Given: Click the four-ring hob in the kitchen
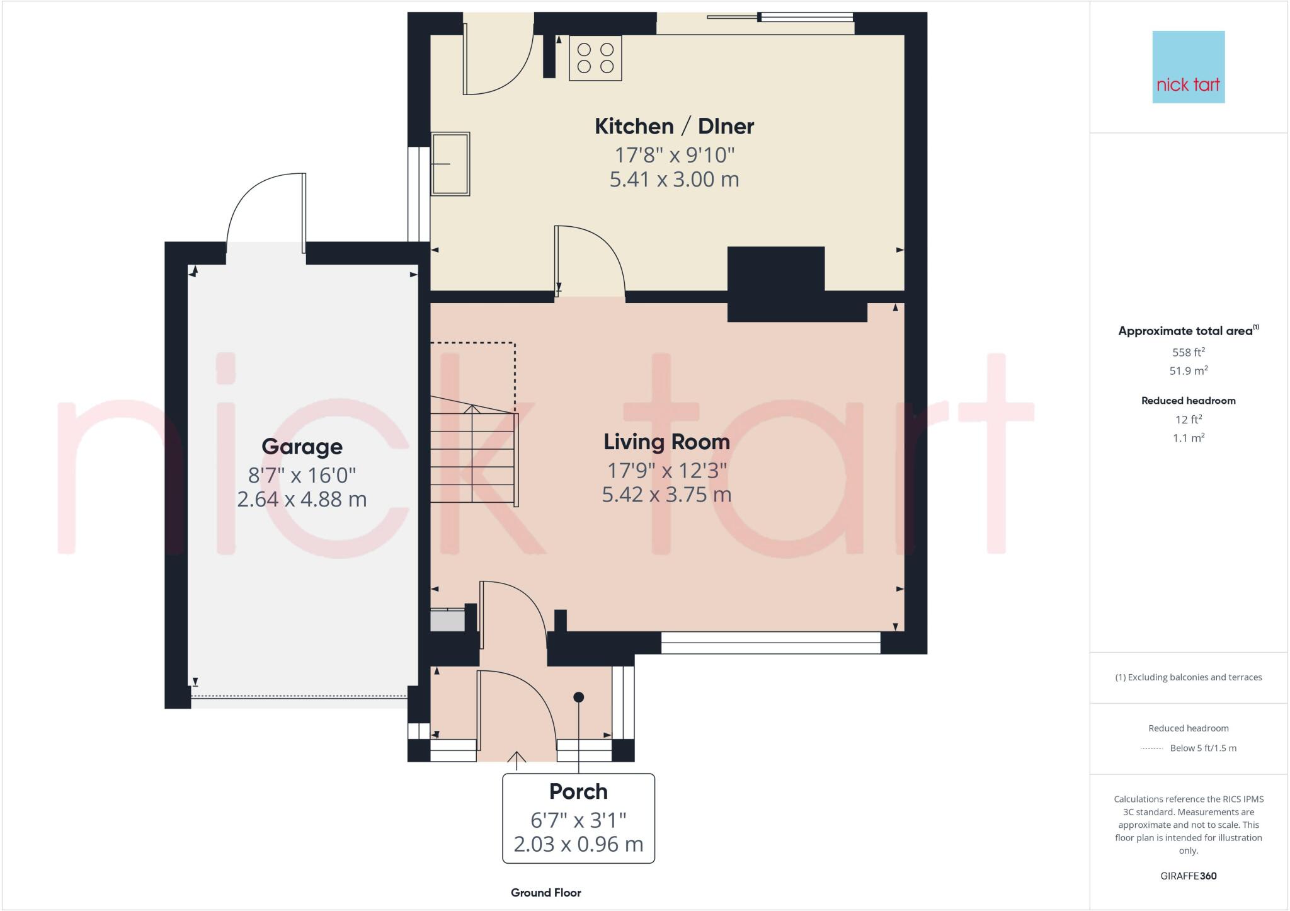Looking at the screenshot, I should point(595,58).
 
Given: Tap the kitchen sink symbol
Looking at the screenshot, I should point(450,164).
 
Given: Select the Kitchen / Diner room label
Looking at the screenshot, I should point(674,126).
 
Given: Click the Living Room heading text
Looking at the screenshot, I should point(666,442).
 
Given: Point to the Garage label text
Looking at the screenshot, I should point(302,447).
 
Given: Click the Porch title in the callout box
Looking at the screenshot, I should point(578,791).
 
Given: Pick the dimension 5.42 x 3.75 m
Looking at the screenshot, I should point(666,495).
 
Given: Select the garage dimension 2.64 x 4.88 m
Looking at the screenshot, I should point(302,499).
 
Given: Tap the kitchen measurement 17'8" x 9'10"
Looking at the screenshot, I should point(674,154).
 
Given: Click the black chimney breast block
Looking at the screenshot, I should point(776,284).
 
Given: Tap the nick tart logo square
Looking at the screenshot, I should point(1188,67).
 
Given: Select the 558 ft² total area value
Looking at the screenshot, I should point(1188,352).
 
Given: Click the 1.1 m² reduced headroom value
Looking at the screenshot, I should point(1188,438).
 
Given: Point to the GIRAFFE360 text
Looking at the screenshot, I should point(1188,876).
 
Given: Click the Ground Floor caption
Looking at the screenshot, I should point(545,893).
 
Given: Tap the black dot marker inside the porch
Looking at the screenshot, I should point(578,697).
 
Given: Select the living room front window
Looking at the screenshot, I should point(770,643).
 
